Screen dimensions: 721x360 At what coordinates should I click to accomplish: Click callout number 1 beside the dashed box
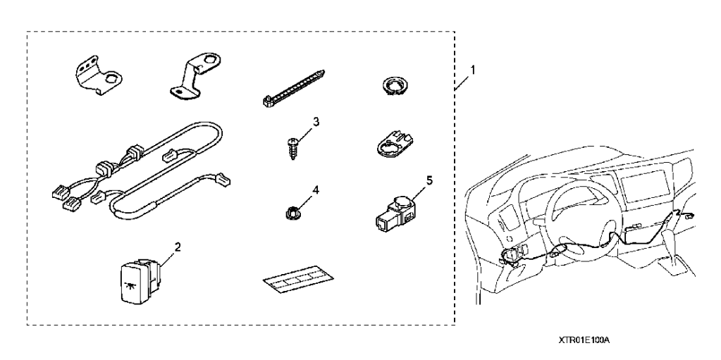pyautogui.click(x=473, y=70)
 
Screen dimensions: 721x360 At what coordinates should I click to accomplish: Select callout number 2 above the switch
pyautogui.click(x=178, y=247)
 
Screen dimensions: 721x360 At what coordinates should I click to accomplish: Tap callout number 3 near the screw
pyautogui.click(x=316, y=122)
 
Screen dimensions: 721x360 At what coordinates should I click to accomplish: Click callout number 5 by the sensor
pyautogui.click(x=429, y=180)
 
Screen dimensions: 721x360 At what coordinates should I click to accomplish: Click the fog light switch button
pyautogui.click(x=137, y=281)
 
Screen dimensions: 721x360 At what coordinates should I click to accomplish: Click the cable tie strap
pyautogui.click(x=295, y=88)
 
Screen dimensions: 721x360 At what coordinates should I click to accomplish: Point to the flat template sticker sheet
pyautogui.click(x=298, y=279)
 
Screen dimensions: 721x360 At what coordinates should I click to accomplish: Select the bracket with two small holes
pyautogui.click(x=98, y=75)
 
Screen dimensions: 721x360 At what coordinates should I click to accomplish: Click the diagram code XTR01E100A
pyautogui.click(x=584, y=340)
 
